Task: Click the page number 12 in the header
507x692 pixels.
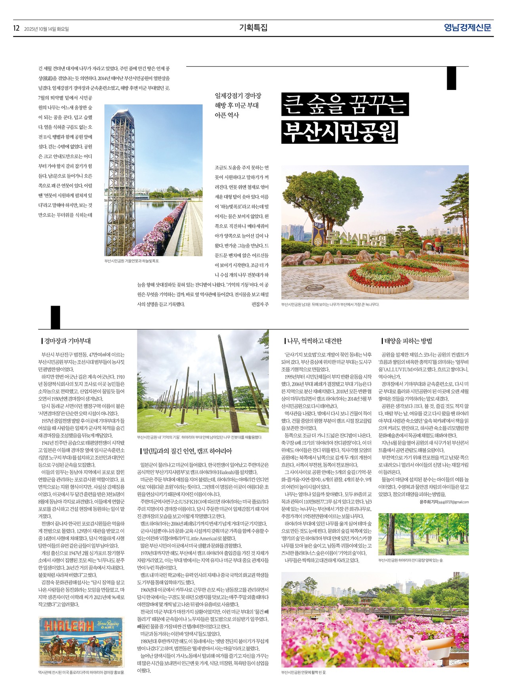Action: click(16, 28)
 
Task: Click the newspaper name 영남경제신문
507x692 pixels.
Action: click(467, 28)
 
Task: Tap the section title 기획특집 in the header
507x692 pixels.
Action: click(253, 28)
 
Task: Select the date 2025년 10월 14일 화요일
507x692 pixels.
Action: click(46, 29)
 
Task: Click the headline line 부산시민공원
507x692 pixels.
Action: click(339, 132)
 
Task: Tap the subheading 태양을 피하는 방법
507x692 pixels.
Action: click(408, 341)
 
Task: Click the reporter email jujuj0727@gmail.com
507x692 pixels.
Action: click(453, 502)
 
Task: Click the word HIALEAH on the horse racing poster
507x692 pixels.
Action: click(69, 626)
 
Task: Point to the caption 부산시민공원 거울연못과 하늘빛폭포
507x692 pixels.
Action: click(132, 261)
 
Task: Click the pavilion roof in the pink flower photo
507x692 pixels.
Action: click(368, 594)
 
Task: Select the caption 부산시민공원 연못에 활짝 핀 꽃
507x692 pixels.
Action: click(303, 672)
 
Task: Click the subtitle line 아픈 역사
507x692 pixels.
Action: click(227, 115)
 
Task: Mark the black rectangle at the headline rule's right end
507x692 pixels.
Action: click(451, 78)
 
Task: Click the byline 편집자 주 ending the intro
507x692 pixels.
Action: click(260, 304)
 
